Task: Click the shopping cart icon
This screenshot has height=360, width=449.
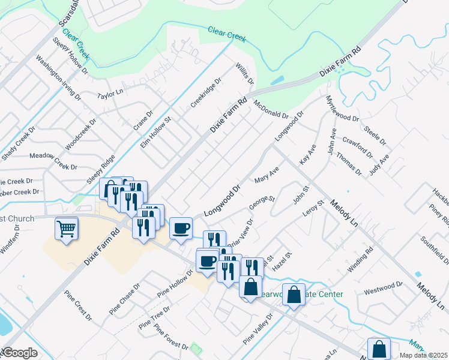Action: (67, 229)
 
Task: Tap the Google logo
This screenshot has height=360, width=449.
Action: (19, 353)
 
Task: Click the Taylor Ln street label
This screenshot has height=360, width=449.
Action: (110, 94)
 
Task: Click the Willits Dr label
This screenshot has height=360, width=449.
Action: (245, 73)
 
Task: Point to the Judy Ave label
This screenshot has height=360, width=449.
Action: (379, 163)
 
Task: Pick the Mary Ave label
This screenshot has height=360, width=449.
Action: (267, 175)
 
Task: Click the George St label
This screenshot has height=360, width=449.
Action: (262, 202)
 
